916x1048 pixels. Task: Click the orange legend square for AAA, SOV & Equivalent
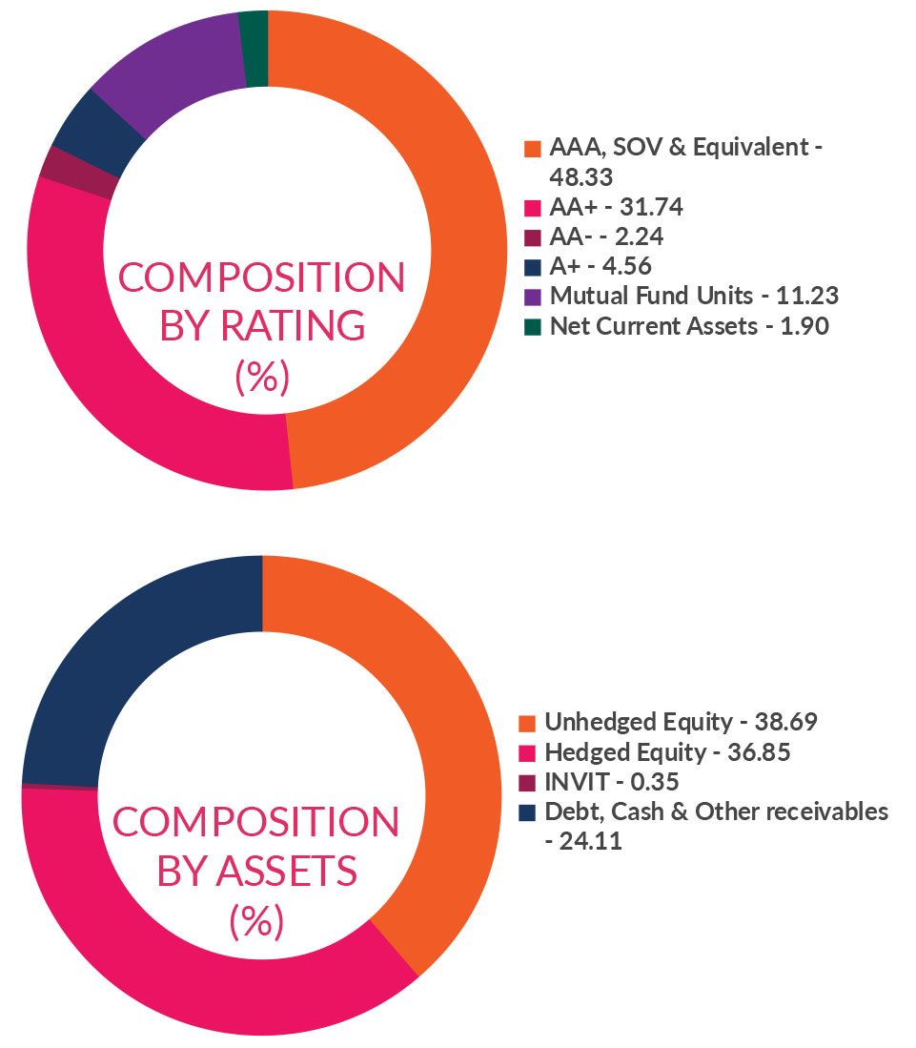[x=533, y=150]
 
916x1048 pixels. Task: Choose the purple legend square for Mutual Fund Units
[x=533, y=297]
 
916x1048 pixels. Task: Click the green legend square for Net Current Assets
[x=533, y=327]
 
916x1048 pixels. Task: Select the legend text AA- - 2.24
[x=600, y=236]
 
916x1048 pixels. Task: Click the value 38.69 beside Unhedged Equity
[x=784, y=722]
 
